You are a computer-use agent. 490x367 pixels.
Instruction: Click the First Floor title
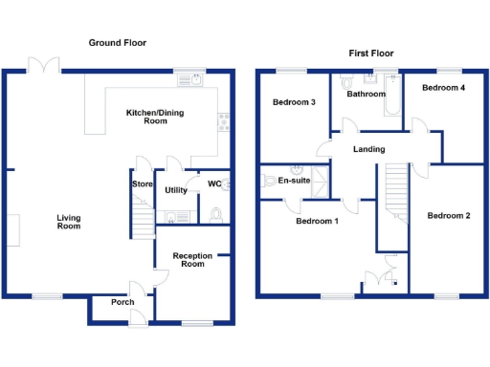click(x=368, y=54)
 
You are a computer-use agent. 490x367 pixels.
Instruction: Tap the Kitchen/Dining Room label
click(x=154, y=117)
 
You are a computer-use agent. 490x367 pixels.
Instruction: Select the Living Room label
click(x=68, y=222)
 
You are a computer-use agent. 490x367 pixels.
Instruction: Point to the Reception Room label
click(x=192, y=259)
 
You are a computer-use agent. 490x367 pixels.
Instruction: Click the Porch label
click(x=122, y=303)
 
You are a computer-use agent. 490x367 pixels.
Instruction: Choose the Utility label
click(x=175, y=190)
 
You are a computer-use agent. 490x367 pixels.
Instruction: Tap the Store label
click(x=143, y=184)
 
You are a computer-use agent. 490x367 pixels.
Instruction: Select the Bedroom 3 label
click(x=294, y=102)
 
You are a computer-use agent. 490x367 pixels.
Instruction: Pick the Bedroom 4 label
click(x=444, y=88)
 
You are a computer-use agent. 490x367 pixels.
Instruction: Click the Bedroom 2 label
click(x=448, y=215)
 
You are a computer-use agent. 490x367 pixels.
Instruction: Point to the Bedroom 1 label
click(x=317, y=221)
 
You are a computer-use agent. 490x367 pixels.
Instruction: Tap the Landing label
click(x=368, y=149)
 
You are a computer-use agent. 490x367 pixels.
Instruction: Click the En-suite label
click(x=295, y=179)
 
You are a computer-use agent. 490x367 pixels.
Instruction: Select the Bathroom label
click(x=366, y=94)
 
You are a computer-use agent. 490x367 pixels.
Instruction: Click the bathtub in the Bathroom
click(x=392, y=98)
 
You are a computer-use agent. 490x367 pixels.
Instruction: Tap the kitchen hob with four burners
click(x=224, y=121)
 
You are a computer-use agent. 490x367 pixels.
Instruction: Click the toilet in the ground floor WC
click(x=217, y=212)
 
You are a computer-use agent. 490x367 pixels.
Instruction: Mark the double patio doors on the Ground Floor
click(x=44, y=66)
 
